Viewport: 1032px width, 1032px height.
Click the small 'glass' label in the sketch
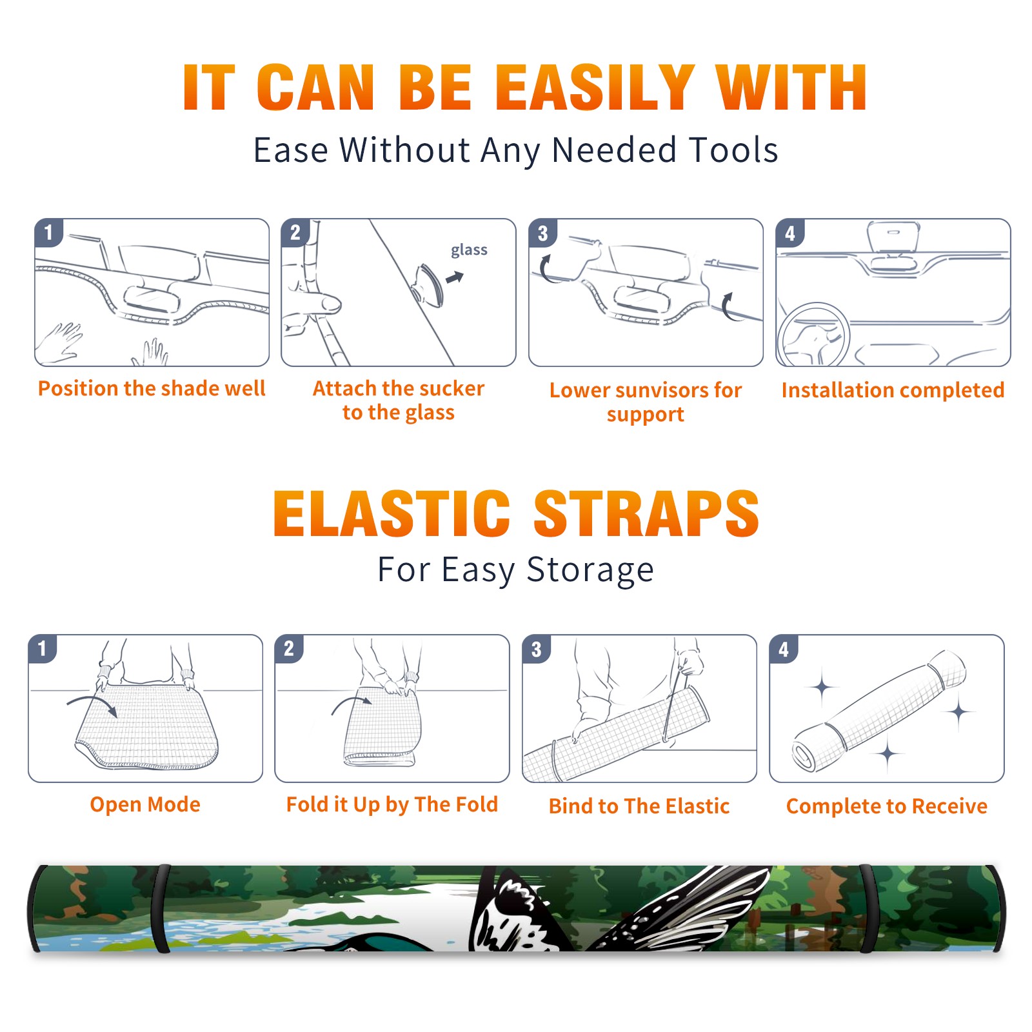click(x=469, y=250)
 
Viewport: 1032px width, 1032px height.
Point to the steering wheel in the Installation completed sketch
click(x=814, y=336)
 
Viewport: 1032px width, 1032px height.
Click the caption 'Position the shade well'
click(x=152, y=388)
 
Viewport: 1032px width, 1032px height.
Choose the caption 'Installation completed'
click(x=893, y=390)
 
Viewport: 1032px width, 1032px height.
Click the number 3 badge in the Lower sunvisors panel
click(x=542, y=233)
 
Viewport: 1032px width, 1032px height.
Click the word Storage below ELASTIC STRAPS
click(x=590, y=570)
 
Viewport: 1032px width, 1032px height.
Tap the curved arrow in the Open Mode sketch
click(x=93, y=704)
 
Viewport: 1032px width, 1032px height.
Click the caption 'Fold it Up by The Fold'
click(x=392, y=804)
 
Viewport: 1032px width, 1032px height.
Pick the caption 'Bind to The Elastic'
click(x=639, y=806)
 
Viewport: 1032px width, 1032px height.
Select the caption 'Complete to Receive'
click(x=887, y=806)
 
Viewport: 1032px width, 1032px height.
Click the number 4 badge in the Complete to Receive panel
click(x=784, y=649)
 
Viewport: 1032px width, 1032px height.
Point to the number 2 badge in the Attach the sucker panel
click(x=295, y=232)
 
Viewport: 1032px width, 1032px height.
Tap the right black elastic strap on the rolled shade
click(x=868, y=908)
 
